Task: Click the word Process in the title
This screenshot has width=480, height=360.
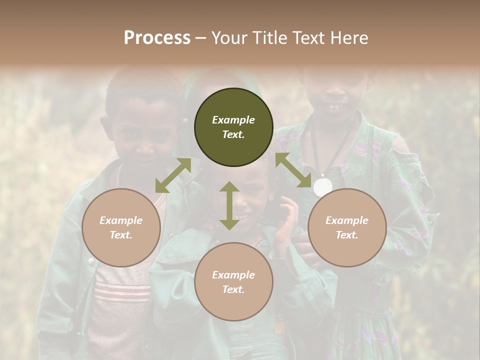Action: click(157, 38)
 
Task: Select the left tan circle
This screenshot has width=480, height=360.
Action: click(121, 227)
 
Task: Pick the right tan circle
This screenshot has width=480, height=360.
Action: click(347, 227)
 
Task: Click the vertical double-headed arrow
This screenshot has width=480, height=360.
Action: click(229, 205)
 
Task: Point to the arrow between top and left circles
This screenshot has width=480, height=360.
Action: click(173, 175)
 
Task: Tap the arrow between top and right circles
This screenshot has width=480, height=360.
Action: click(293, 170)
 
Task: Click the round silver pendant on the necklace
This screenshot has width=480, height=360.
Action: click(322, 187)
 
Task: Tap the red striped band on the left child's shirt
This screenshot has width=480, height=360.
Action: click(123, 291)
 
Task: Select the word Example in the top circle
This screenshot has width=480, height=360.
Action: click(233, 120)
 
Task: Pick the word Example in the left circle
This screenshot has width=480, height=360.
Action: click(121, 220)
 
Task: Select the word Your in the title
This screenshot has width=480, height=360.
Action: click(230, 38)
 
